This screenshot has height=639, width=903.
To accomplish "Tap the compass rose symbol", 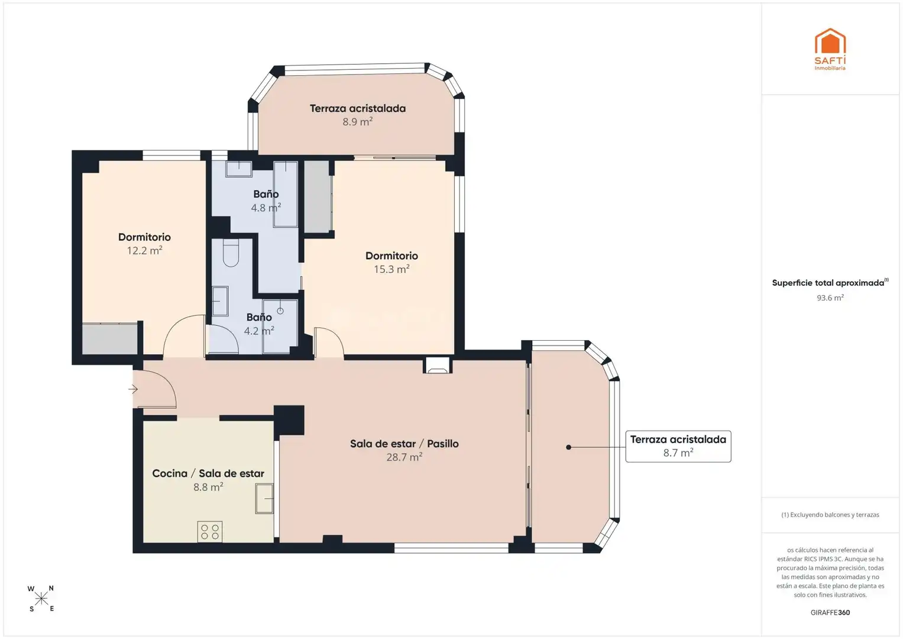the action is coord(41,599).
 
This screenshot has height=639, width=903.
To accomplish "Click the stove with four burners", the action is coord(209,531).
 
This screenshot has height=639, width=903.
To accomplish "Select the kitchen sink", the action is coord(264,499).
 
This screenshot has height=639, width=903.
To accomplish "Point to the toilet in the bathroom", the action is coord(231,253).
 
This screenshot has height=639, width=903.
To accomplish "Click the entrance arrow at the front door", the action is coord(134,389).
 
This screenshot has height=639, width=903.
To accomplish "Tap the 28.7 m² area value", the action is coord(404,457).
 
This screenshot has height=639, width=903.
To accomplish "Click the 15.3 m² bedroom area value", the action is coord(391,269).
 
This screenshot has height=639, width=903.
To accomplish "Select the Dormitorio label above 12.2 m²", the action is coord(144,237).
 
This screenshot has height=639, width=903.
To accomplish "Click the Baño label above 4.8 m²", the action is coord(266,194).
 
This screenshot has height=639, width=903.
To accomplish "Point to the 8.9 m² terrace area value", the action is coord(358,121).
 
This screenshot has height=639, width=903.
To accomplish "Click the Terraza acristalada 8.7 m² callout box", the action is coord(678,446).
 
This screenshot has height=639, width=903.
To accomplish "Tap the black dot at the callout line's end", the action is coord(568,447).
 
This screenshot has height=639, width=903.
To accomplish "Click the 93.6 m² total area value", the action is coord(830,298).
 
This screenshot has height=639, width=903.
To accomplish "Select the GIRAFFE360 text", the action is coord(830,612).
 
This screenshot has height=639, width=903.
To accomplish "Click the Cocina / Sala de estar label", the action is coord(208,473).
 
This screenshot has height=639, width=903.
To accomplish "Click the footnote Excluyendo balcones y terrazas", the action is coord(830,515).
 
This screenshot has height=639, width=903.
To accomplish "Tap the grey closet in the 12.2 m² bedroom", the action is coord(110,339).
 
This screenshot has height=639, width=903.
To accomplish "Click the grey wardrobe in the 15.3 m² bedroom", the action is coord(318,196).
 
